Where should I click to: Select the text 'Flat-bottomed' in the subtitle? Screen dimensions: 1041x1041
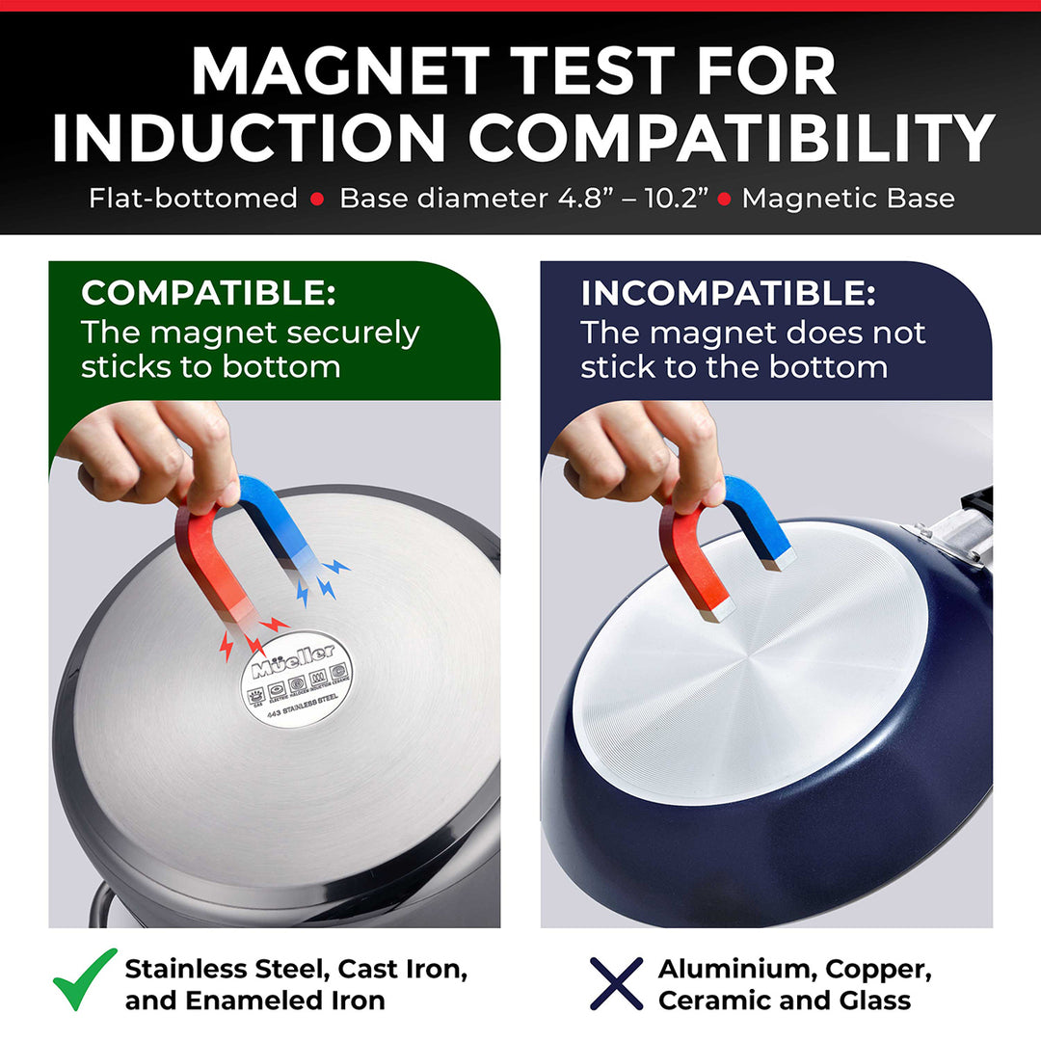[193, 199]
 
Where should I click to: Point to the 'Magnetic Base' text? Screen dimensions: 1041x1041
[848, 199]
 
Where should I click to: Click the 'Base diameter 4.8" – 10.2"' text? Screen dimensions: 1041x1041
[524, 199]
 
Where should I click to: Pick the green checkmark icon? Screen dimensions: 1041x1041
[84, 979]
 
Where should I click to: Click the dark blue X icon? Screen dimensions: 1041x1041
[616, 983]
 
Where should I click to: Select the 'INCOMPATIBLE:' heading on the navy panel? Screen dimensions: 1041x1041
[728, 293]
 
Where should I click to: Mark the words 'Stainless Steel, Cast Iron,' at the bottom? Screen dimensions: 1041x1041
[296, 969]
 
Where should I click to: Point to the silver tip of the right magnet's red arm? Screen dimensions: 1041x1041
[718, 606]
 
